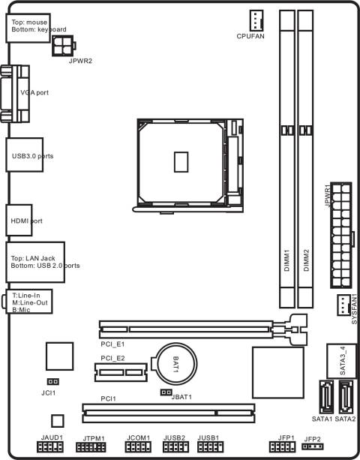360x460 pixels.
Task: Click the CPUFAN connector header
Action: [x=256, y=20]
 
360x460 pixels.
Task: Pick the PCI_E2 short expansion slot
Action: [x=119, y=370]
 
